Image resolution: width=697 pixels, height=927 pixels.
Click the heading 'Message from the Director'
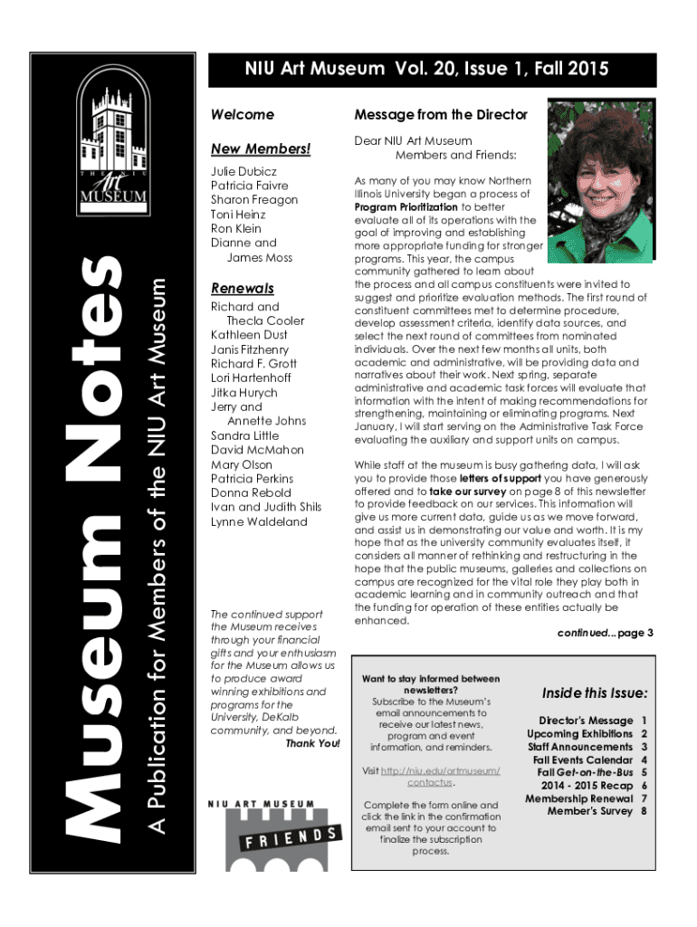(x=440, y=115)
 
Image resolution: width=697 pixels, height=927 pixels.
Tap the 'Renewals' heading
(x=242, y=289)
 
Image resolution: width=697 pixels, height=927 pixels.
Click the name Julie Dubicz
(x=243, y=171)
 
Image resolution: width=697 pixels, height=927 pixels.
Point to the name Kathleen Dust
(x=250, y=335)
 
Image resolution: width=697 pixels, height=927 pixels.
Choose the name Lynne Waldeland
(x=258, y=521)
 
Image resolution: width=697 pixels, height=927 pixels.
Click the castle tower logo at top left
(x=113, y=136)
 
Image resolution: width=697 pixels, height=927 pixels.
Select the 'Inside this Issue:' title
(x=594, y=693)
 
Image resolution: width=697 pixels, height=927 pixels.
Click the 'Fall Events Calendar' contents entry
(x=579, y=760)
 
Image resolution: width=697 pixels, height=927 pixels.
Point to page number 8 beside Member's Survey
(x=644, y=811)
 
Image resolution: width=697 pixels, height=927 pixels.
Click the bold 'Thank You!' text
(x=312, y=744)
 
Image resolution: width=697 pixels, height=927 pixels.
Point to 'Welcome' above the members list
(x=242, y=115)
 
